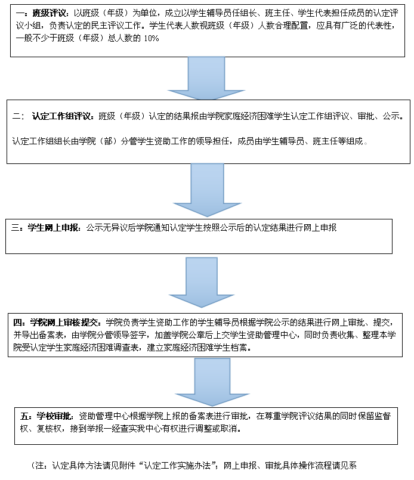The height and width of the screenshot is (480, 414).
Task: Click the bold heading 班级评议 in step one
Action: [49, 13]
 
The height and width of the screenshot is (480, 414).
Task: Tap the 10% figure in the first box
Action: [152, 38]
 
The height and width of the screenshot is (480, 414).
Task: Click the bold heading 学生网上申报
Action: [53, 228]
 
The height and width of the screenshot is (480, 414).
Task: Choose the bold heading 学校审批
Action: [54, 416]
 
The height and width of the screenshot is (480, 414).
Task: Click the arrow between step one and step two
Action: [206, 78]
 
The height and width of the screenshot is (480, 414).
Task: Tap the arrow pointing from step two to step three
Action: [208, 190]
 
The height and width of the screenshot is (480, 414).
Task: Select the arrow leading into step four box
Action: [202, 282]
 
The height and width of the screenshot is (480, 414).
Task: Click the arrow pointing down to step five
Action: [212, 382]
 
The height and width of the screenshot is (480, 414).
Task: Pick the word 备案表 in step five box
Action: [201, 416]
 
